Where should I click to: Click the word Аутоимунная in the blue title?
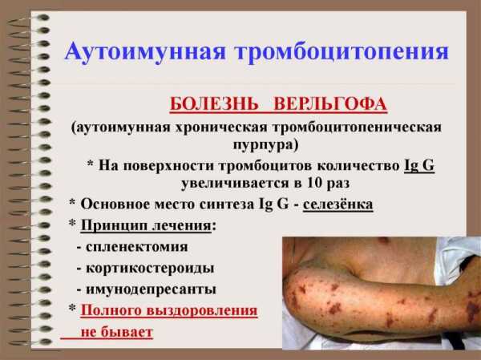pyautogui.click(x=145, y=51)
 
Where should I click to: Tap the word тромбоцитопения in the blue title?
pyautogui.click(x=342, y=51)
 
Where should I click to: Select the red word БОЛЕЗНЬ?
pyautogui.click(x=214, y=103)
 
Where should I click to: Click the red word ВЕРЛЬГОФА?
pyautogui.click(x=329, y=103)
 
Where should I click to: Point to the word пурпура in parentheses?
pyautogui.click(x=265, y=144)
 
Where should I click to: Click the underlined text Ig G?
pyautogui.click(x=419, y=165)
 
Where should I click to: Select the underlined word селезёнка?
pyautogui.click(x=338, y=204)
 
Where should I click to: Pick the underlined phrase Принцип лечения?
pyautogui.click(x=146, y=226)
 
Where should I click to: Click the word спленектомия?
pyautogui.click(x=137, y=248)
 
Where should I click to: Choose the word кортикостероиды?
pyautogui.click(x=150, y=269)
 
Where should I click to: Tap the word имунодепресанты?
pyautogui.click(x=151, y=289)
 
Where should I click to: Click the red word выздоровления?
pyautogui.click(x=202, y=310)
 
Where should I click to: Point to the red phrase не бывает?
pyautogui.click(x=116, y=332)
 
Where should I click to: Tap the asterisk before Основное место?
pyautogui.click(x=72, y=202)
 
